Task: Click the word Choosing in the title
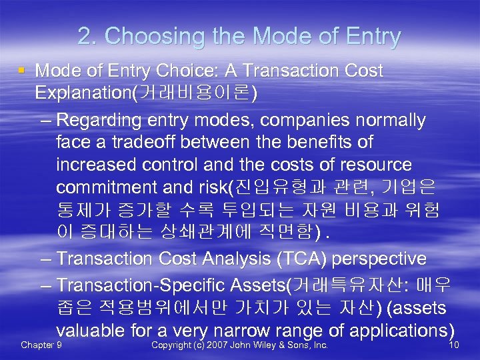(147, 37)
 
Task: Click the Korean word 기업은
(417, 187)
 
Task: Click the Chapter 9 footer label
(42, 345)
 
